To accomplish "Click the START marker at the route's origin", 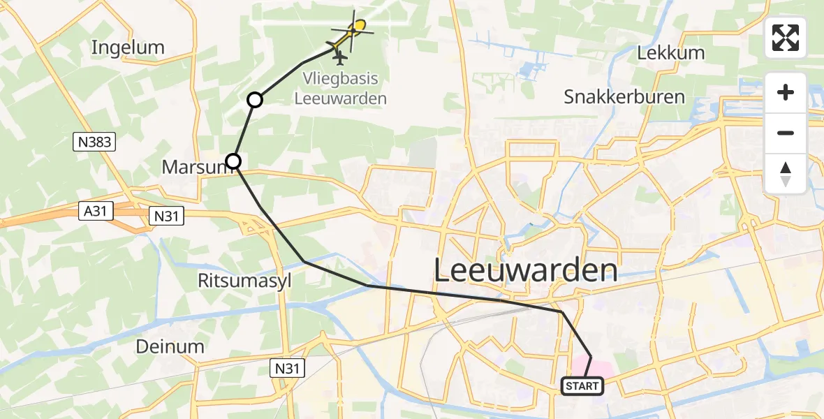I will pyautogui.click(x=582, y=385).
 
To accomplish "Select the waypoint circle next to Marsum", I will pyautogui.click(x=233, y=161).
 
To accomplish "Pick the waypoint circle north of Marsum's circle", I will pyautogui.click(x=255, y=100).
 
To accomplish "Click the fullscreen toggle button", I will pyautogui.click(x=786, y=38).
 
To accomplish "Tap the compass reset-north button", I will pyautogui.click(x=786, y=174).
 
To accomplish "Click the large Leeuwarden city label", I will pyautogui.click(x=526, y=270).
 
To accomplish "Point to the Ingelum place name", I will pyautogui.click(x=128, y=47).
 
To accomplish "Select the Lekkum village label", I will pyautogui.click(x=671, y=53).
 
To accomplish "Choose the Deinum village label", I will pyautogui.click(x=170, y=346).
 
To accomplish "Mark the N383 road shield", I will pyautogui.click(x=93, y=142).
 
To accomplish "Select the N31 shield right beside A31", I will pyautogui.click(x=167, y=217).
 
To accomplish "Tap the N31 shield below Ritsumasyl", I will pyautogui.click(x=287, y=366).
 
